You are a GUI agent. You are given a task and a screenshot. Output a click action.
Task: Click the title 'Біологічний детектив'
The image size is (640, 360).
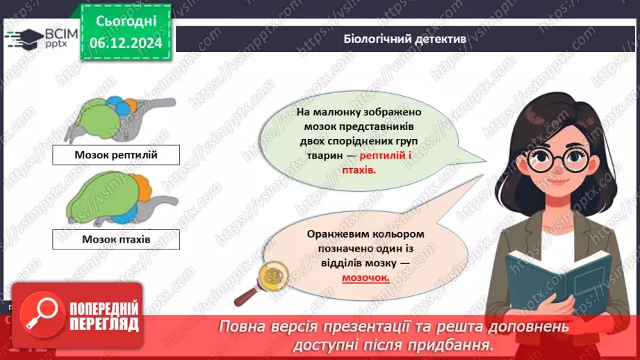click(404, 40)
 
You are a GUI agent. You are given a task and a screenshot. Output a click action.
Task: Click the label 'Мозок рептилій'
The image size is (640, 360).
click(116, 154)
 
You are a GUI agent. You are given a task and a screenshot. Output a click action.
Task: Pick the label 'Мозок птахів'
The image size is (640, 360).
click(116, 240)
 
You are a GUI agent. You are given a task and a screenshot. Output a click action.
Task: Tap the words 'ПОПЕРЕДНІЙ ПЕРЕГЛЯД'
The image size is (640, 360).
click(95, 316)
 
